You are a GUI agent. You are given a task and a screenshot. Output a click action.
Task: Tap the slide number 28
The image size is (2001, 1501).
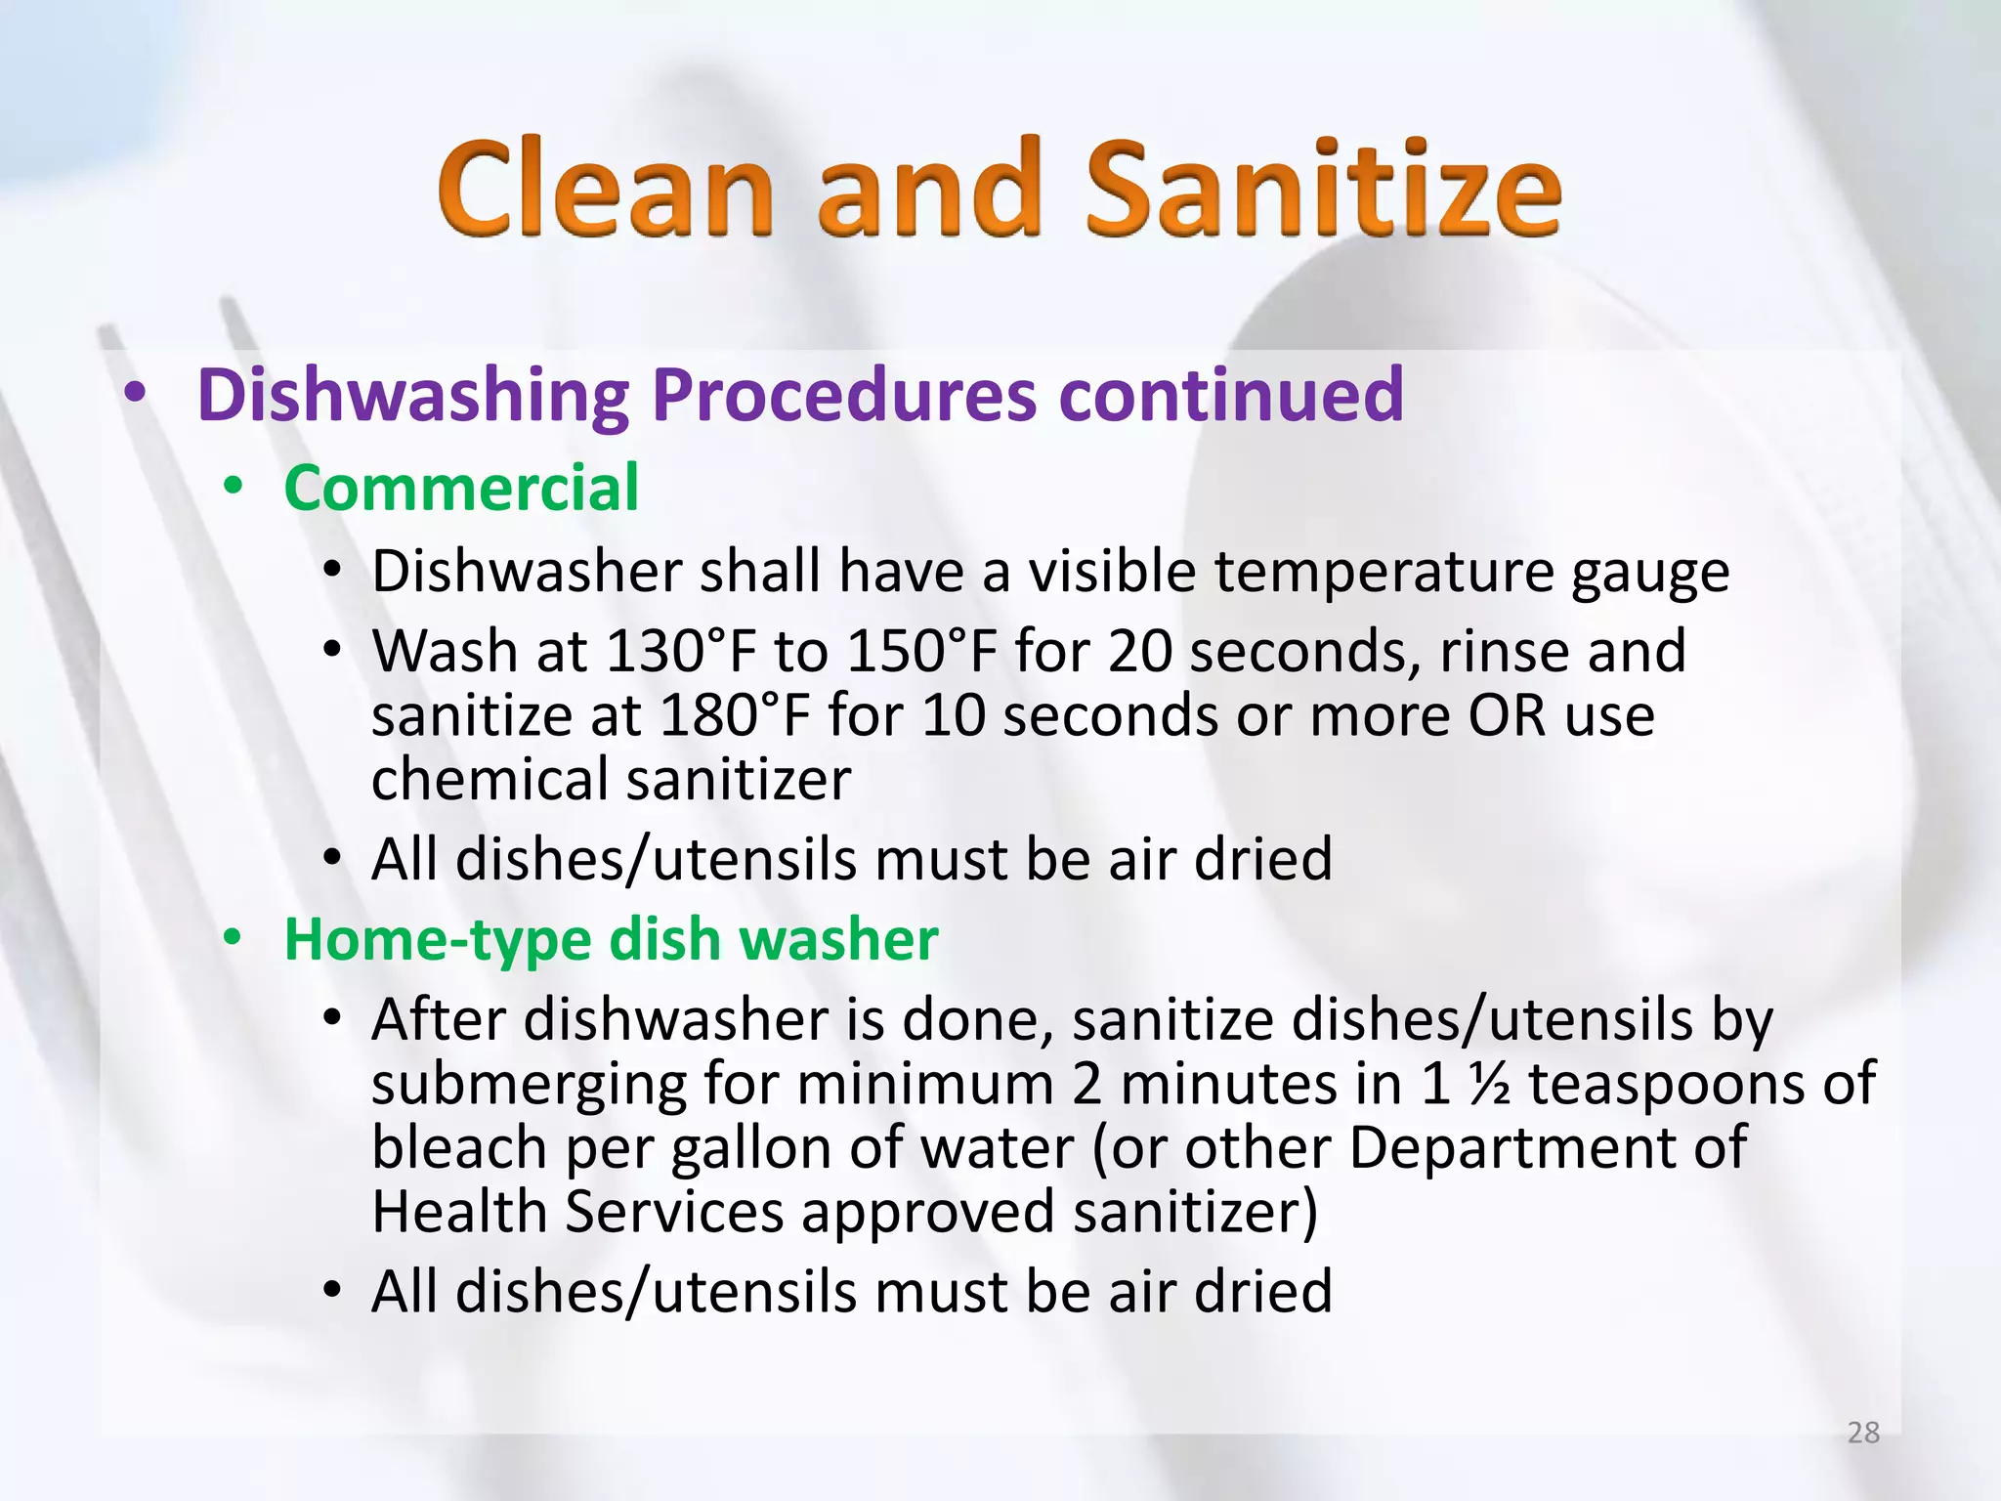[x=1863, y=1433]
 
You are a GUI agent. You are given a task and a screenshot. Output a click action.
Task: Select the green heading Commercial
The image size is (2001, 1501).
[x=461, y=488]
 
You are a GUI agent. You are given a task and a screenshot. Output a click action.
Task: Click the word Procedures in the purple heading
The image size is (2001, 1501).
[x=843, y=395]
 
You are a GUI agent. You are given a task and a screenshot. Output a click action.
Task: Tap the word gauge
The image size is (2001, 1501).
[x=1650, y=573]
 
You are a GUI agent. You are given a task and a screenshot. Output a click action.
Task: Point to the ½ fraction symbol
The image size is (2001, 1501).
[x=1488, y=1084]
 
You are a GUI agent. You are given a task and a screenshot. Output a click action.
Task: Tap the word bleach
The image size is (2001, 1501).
[x=458, y=1147]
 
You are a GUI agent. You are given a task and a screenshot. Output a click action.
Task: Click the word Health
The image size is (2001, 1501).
[x=459, y=1212]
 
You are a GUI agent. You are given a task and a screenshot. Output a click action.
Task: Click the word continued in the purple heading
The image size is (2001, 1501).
[x=1231, y=395]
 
